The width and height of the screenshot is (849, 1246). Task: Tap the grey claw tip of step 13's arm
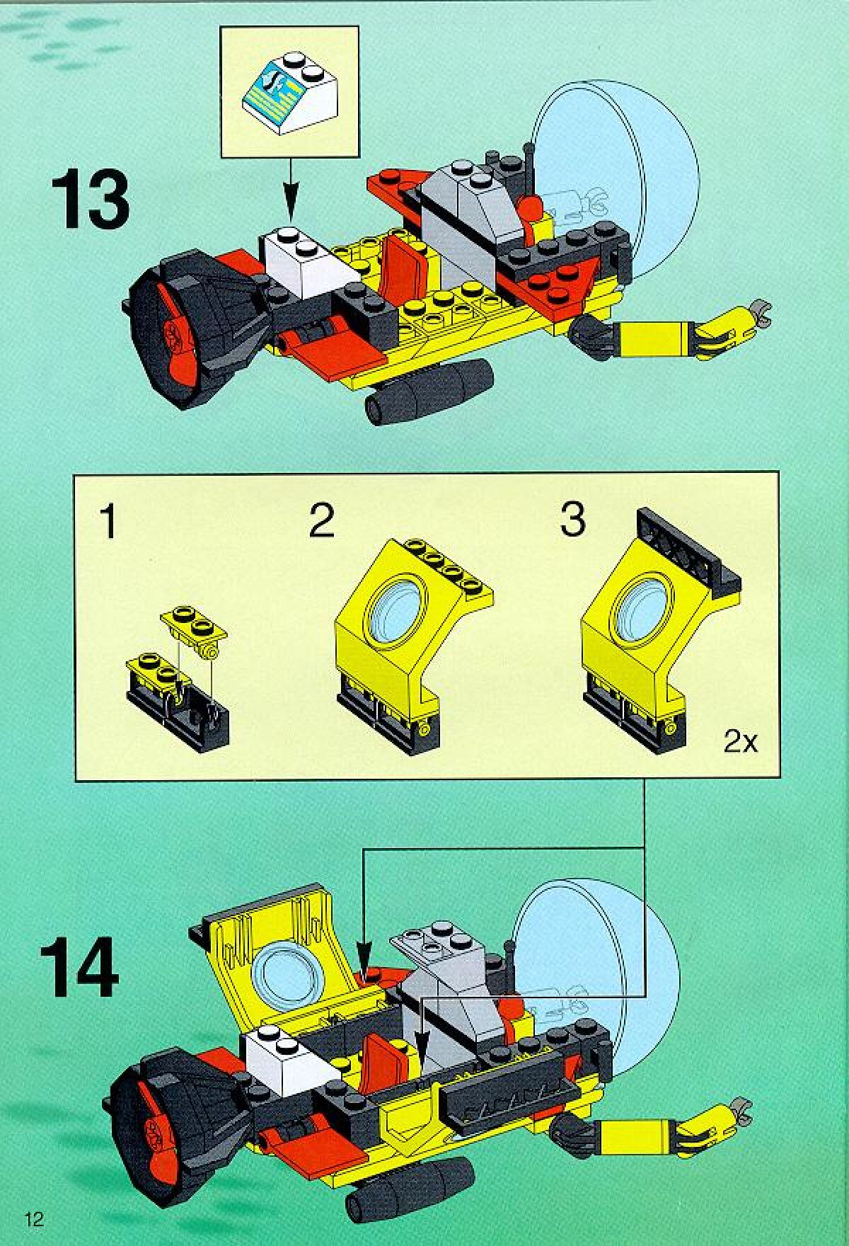click(x=760, y=309)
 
